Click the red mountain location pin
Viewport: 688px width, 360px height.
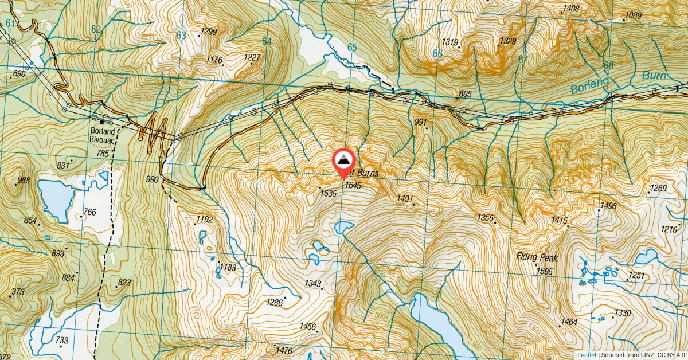tap(343, 162)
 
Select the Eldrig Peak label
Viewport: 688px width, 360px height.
tap(536, 258)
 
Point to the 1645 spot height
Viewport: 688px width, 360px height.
tap(353, 185)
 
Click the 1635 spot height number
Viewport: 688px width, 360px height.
tap(329, 194)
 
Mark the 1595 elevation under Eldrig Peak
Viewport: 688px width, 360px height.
tap(545, 272)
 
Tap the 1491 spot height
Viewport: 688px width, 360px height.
tap(405, 198)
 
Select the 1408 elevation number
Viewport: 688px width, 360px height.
tap(571, 8)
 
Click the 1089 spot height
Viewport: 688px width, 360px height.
tap(633, 15)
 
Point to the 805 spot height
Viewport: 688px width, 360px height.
tap(465, 94)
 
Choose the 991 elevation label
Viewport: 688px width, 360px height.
tap(421, 122)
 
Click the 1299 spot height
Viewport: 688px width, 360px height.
tap(209, 32)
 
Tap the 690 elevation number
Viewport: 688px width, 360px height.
tap(19, 74)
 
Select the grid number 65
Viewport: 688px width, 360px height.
tap(351, 48)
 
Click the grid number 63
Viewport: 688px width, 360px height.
tap(181, 36)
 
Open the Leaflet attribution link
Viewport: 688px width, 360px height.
tap(586, 355)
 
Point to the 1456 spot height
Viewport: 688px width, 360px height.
tap(308, 327)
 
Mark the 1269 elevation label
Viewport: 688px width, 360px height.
tap(658, 189)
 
